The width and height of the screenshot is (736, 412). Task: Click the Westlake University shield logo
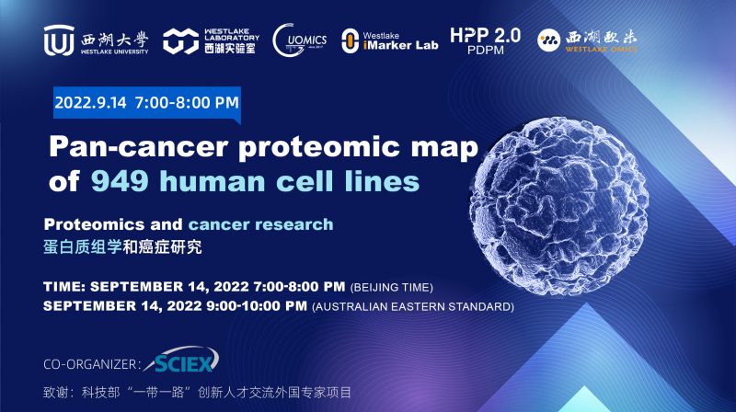[57, 40]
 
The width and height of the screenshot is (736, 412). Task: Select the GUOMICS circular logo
[300, 40]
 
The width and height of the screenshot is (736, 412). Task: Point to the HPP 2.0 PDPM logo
[485, 40]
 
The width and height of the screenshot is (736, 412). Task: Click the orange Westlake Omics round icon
[549, 40]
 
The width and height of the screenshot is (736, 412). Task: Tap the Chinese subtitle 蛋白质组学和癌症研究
[122, 246]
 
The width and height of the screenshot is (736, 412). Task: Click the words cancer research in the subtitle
[261, 223]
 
